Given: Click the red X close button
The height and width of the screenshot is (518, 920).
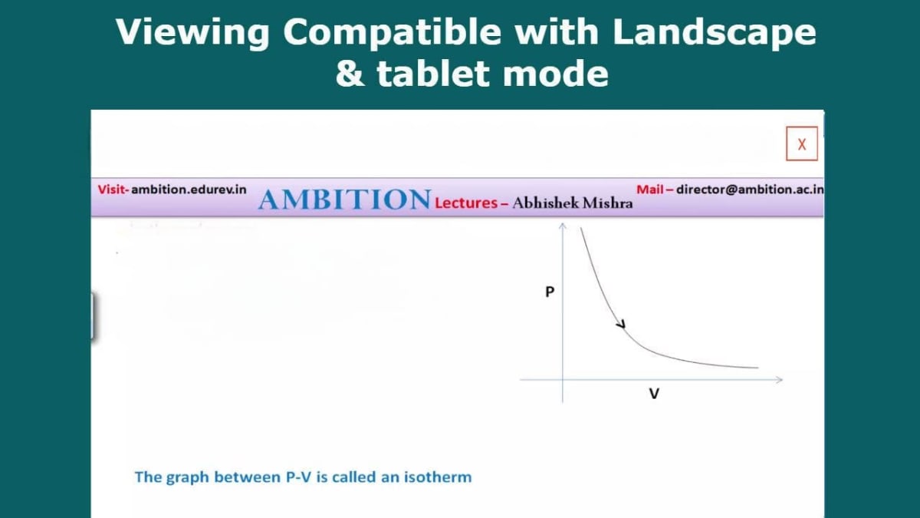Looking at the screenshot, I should tap(802, 144).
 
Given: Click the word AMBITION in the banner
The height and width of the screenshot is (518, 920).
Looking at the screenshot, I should tap(344, 200).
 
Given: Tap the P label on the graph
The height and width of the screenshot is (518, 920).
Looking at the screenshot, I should tap(549, 292).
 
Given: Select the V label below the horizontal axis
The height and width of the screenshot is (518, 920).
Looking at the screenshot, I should tap(654, 394).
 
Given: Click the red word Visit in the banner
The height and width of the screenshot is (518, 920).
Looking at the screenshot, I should tap(113, 189).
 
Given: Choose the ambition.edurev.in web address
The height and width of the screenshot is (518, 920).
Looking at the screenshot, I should tap(189, 189).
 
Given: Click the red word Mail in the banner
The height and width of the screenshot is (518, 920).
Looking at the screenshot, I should tap(649, 189).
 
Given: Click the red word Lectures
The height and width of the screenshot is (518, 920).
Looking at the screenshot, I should tap(465, 203).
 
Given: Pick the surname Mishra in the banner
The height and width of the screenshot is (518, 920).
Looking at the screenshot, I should tap(610, 203).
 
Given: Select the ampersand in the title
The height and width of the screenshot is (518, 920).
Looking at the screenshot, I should tap(350, 74).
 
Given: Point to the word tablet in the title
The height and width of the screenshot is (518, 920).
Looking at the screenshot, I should tap(425, 74).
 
